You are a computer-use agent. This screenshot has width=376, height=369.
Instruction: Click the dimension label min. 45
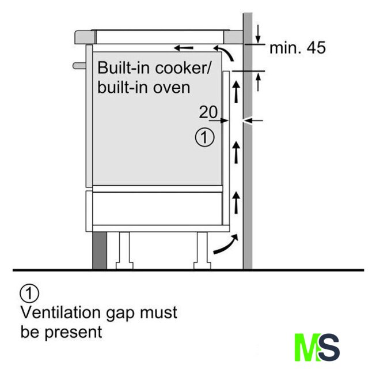[x=298, y=48]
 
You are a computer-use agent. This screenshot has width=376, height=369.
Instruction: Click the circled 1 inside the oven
[x=206, y=138]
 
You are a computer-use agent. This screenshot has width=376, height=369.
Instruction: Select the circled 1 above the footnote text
[x=29, y=293]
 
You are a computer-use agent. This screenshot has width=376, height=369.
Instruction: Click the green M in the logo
[x=305, y=347]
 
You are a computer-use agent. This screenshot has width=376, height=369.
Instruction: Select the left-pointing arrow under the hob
[x=185, y=48]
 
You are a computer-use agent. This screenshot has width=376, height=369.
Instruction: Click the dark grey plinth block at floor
[x=99, y=250]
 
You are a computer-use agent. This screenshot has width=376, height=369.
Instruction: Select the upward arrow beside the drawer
[x=234, y=202]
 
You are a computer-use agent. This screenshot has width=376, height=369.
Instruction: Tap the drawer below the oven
[x=155, y=208]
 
